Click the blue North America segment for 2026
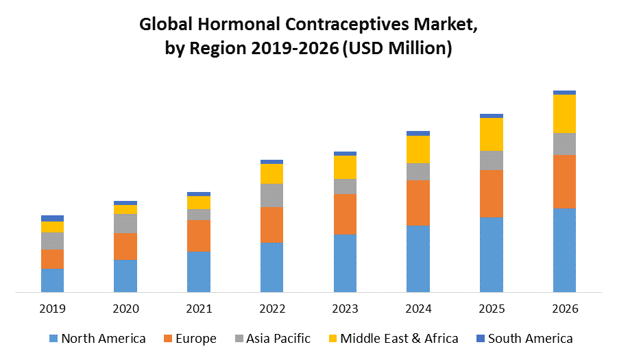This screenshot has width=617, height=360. (x=564, y=250)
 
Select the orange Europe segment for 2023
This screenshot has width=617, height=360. (x=345, y=214)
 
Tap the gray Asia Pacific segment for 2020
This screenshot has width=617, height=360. (x=125, y=223)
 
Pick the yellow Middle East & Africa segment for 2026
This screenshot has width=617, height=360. (x=564, y=113)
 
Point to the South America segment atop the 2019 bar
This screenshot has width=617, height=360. (x=52, y=218)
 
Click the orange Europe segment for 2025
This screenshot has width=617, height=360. (x=491, y=193)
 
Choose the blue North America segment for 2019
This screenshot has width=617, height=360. (x=52, y=280)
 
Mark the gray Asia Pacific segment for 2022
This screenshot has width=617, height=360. (x=271, y=195)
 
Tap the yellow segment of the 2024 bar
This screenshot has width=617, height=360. (x=418, y=149)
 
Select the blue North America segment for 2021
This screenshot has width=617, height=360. (x=198, y=272)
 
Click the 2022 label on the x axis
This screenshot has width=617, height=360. (x=271, y=309)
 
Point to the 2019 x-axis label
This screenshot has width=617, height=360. (x=52, y=309)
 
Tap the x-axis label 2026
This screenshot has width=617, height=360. (x=564, y=309)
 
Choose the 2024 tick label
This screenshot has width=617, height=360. (x=418, y=309)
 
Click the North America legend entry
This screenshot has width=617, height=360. (x=97, y=338)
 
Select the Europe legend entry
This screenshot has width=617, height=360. (x=189, y=338)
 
